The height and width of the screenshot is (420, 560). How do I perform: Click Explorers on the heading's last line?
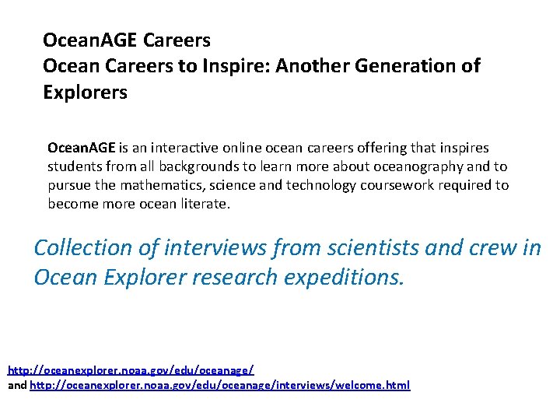(85, 93)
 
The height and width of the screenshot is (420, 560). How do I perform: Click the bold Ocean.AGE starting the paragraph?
(81, 147)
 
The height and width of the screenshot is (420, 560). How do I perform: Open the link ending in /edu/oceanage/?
(131, 370)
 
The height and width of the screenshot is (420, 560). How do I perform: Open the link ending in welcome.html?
(219, 385)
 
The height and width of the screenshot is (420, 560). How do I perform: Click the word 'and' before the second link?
(16, 385)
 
